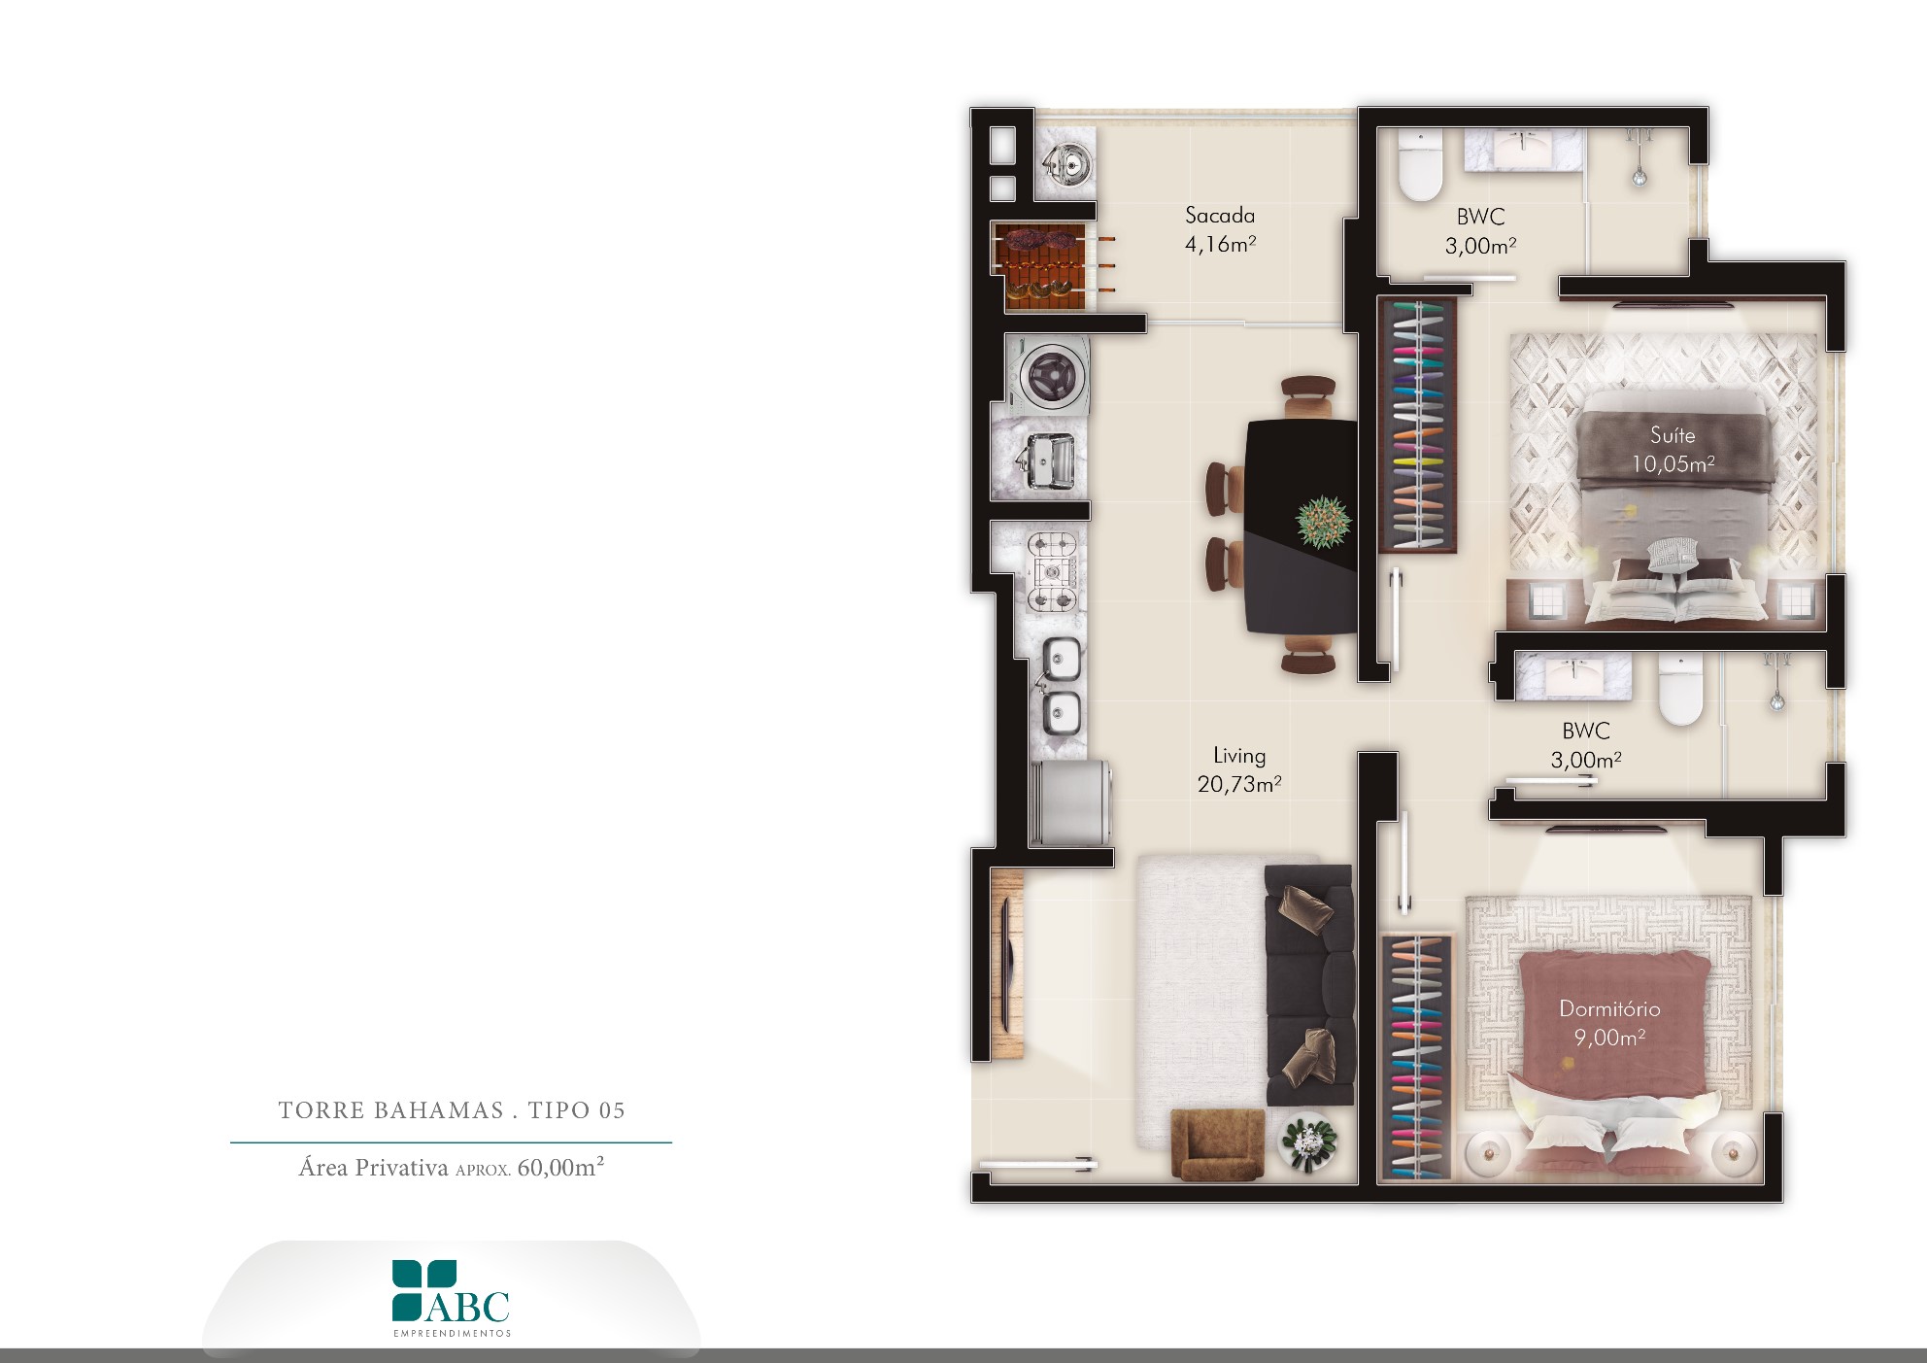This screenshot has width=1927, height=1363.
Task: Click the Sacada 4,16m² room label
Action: point(1220,230)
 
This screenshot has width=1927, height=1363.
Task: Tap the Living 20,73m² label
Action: point(1239,769)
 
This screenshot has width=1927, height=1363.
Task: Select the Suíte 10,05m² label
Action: point(1673,450)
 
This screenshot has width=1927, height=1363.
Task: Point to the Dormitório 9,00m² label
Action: point(1609,1023)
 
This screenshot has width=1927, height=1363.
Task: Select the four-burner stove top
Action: point(1053,572)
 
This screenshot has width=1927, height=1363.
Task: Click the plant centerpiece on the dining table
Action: point(1324,522)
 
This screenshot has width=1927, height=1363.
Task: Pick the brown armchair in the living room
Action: point(1217,1144)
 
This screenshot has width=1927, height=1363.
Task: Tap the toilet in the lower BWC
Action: point(1680,689)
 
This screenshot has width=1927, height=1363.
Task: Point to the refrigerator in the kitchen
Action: point(1069,802)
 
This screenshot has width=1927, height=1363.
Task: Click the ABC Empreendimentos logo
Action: point(452,1299)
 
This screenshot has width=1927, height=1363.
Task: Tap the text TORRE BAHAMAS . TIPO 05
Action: point(452,1110)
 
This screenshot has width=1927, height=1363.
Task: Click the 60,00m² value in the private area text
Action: point(560,1167)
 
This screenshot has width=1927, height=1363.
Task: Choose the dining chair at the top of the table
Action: point(1307,396)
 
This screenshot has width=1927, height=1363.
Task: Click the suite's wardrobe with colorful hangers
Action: point(1417,426)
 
